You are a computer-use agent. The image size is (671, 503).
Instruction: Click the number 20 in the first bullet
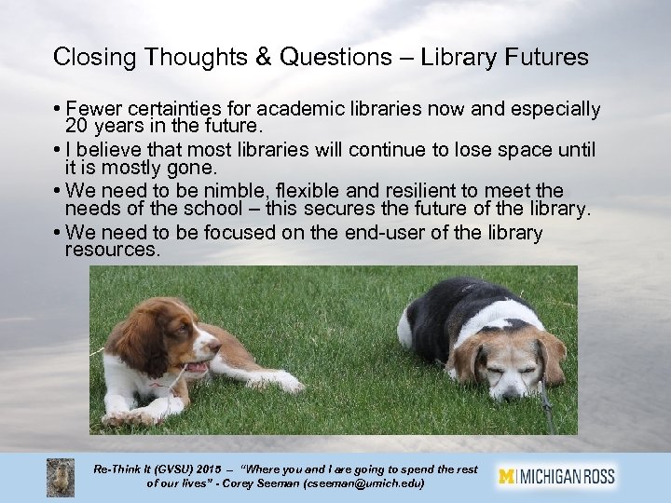point(76,127)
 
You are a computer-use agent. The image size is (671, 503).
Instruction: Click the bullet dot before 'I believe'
point(57,151)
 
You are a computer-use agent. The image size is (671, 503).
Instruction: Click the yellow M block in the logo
point(507,476)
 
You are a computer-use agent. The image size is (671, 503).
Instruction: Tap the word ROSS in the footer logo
point(596,476)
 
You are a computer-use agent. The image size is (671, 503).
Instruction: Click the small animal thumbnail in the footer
point(62,477)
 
